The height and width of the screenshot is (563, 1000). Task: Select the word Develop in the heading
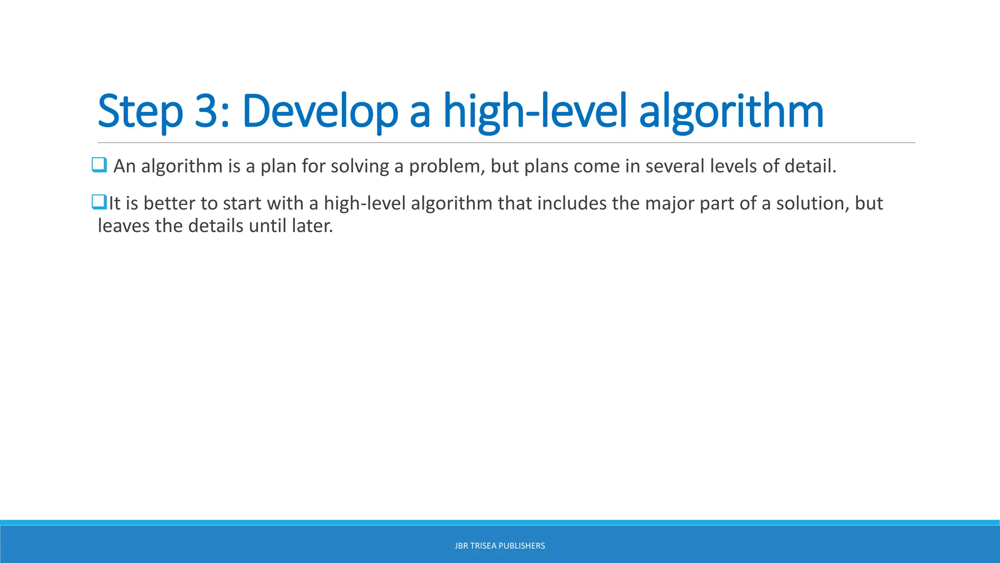[320, 111]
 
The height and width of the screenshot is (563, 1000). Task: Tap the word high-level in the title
[535, 111]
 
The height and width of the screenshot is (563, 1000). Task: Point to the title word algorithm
[731, 111]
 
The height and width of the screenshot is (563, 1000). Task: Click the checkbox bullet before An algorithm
[99, 165]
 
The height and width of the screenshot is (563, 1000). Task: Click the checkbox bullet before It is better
[99, 201]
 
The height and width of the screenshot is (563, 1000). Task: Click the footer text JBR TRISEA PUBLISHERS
[500, 546]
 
